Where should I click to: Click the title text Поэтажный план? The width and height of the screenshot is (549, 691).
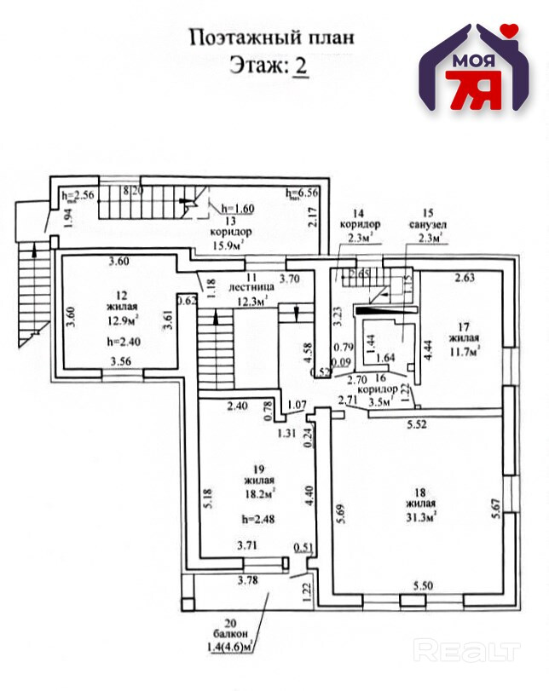click(x=271, y=37)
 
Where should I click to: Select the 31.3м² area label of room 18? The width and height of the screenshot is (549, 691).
click(x=422, y=515)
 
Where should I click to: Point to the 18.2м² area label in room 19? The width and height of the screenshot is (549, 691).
click(x=257, y=493)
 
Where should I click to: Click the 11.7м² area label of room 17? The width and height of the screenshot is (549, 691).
click(x=465, y=347)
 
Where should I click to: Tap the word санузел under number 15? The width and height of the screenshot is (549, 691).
click(x=428, y=225)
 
